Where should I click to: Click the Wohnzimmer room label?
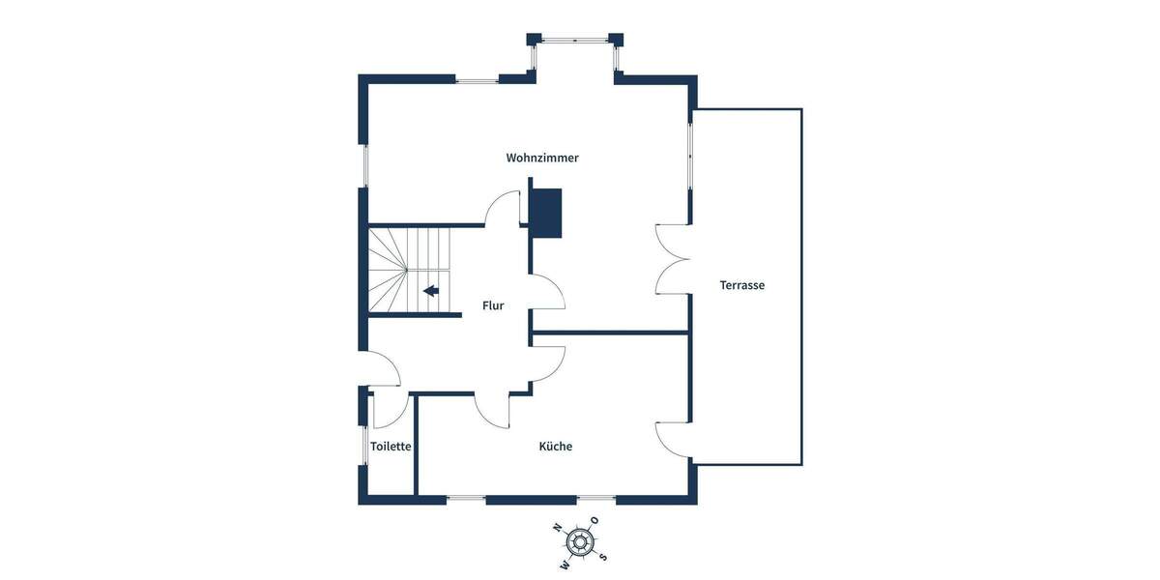click(x=542, y=158)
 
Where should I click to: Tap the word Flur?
click(x=493, y=305)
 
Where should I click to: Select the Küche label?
click(x=556, y=447)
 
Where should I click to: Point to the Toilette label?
click(x=391, y=447)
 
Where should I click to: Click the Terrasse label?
click(x=742, y=285)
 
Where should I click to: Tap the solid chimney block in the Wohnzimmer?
click(x=546, y=212)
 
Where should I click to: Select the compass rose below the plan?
click(x=580, y=541)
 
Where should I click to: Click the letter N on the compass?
click(x=557, y=528)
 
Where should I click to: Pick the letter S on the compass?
click(x=603, y=556)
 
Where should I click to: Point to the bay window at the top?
click(x=575, y=41)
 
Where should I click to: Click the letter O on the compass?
click(x=595, y=520)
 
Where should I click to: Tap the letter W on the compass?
click(x=565, y=564)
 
